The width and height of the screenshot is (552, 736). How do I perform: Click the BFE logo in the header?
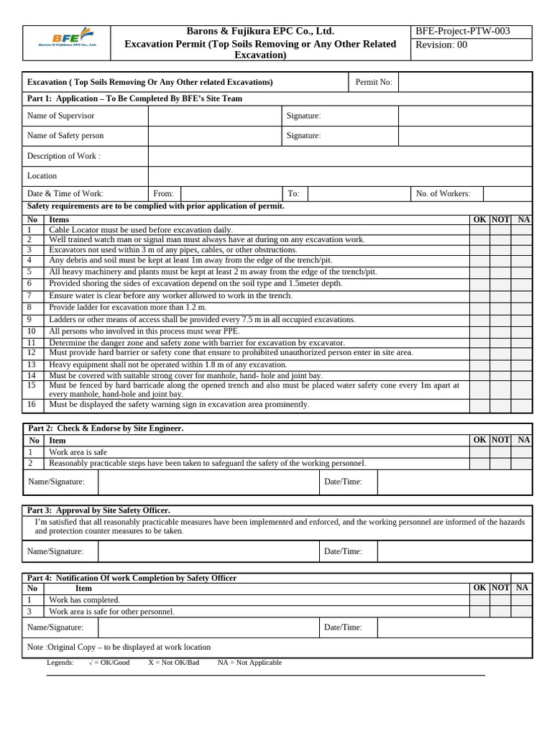tap(68, 40)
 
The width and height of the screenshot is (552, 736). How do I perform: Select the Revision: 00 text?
tap(441, 45)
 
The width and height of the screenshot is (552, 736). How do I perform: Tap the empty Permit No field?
tap(464, 82)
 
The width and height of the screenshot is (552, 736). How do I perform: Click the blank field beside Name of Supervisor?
tap(213, 116)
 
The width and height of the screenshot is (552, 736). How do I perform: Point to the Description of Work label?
tap(64, 156)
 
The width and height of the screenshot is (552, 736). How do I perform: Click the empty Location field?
tap(339, 175)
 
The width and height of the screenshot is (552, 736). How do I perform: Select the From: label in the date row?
tap(164, 193)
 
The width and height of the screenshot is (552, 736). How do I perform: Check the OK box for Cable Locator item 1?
tap(479, 229)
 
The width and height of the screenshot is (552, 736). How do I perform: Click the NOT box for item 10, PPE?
tap(500, 331)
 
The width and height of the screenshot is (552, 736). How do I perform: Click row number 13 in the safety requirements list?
tap(32, 364)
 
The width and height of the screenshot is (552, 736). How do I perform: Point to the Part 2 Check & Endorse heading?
tap(106, 428)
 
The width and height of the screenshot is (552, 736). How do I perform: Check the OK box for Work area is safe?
tap(479, 452)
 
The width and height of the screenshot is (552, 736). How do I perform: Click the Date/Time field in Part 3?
tap(454, 551)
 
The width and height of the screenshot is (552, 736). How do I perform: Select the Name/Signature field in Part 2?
tap(208, 482)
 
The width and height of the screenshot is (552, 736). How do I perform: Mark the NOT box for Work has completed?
tap(500, 599)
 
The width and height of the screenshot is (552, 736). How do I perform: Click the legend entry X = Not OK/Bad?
tap(173, 663)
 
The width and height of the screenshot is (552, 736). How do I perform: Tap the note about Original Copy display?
tap(119, 647)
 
